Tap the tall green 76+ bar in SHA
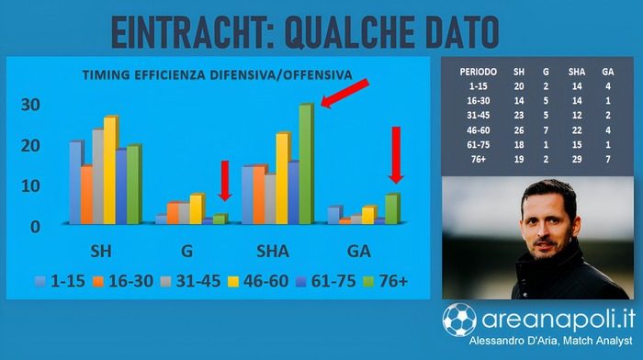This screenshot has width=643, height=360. pos(306,165)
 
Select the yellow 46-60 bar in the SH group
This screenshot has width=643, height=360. pos(110,171)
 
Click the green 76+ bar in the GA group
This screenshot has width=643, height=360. pos(392,209)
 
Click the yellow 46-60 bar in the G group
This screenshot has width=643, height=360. pos(197,209)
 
